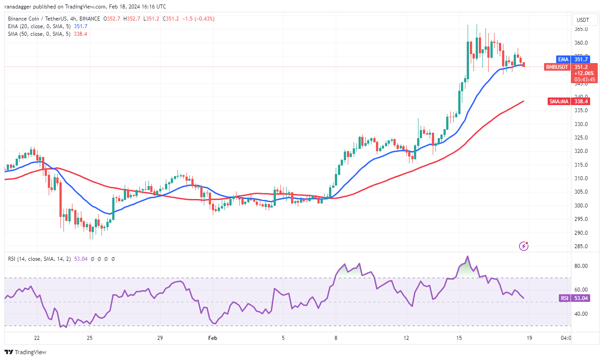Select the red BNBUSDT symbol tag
(x=557, y=67)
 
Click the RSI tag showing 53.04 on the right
(x=574, y=298)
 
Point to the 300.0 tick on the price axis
(x=581, y=206)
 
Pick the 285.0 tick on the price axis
(x=581, y=246)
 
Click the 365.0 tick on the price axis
(x=581, y=29)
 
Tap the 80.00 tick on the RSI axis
(x=581, y=266)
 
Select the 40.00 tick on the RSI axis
(x=581, y=314)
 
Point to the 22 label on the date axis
(x=37, y=338)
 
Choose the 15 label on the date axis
(x=460, y=338)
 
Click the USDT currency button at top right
(x=583, y=20)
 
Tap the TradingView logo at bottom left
(x=26, y=352)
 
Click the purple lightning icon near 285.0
(x=524, y=246)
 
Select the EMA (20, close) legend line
(x=47, y=26)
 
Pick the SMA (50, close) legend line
(x=47, y=34)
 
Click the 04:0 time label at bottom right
(x=565, y=338)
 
